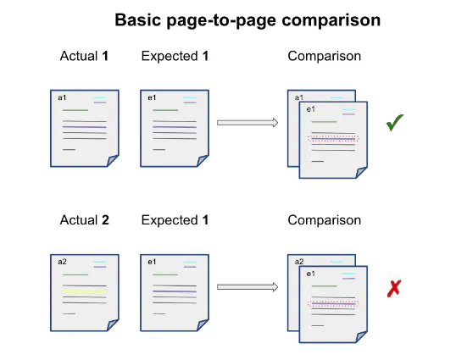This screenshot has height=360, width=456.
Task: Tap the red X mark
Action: click(x=394, y=288)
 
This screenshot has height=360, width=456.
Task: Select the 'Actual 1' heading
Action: click(x=84, y=56)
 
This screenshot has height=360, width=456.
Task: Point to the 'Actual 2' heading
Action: click(x=85, y=220)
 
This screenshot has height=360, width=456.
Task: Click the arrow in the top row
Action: click(x=247, y=123)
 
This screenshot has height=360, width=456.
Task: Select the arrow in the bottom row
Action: click(x=247, y=287)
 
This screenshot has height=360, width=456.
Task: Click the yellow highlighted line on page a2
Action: click(x=85, y=291)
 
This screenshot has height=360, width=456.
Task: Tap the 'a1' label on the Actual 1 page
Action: click(x=62, y=97)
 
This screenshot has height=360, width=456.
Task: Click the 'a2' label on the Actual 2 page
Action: click(x=62, y=262)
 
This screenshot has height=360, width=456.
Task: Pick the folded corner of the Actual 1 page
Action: click(x=113, y=160)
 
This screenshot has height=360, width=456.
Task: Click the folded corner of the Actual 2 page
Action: click(x=113, y=324)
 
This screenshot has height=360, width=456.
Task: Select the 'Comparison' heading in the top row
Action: click(x=325, y=56)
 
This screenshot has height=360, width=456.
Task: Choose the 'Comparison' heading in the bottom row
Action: click(x=325, y=220)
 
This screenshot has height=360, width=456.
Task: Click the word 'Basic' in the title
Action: click(x=138, y=20)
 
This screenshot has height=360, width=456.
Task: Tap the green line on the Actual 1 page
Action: click(x=75, y=110)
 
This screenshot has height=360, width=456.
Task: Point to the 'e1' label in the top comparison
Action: click(x=310, y=109)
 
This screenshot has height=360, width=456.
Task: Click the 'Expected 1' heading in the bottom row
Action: click(x=175, y=220)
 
